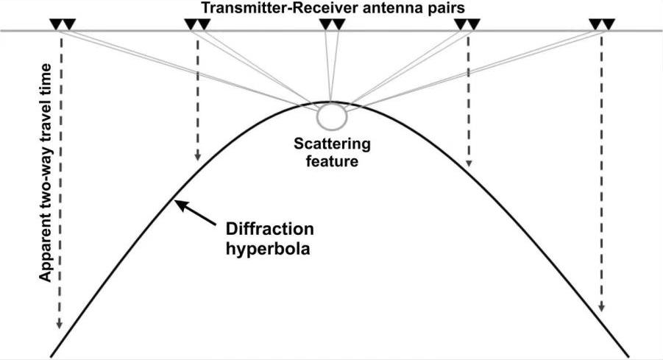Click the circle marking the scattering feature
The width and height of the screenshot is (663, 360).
[330, 116]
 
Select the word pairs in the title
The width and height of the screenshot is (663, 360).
[443, 7]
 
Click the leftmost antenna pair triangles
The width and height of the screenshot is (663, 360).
[62, 24]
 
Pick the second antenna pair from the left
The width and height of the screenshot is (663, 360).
[197, 24]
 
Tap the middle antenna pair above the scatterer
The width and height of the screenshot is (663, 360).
[332, 24]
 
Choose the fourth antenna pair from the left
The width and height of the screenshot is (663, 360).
[467, 24]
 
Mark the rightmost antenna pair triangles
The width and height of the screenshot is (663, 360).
[602, 24]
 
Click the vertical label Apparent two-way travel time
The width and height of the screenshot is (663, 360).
[45, 172]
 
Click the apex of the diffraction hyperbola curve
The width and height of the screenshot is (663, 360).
[330, 102]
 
